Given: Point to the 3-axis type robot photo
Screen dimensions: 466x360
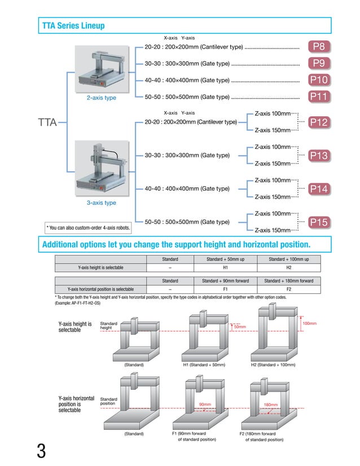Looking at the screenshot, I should click(x=102, y=168).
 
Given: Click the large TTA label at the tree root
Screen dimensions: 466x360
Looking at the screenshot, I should click(x=47, y=122).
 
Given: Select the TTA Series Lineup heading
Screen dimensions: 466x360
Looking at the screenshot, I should click(x=73, y=25).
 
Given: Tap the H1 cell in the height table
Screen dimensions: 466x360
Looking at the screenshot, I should click(x=225, y=267).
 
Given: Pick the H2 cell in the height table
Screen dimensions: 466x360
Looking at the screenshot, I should click(x=288, y=267).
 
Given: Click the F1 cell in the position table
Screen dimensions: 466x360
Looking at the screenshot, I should click(x=225, y=289).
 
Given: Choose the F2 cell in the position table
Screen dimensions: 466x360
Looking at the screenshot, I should click(x=288, y=289).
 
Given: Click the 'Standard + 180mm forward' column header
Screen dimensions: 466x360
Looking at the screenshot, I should click(x=288, y=280).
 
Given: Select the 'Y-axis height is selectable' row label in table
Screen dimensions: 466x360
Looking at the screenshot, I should click(x=100, y=267).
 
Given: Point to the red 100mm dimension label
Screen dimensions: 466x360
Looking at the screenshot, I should click(x=309, y=324).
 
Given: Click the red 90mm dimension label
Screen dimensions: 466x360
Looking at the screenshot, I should click(x=205, y=405).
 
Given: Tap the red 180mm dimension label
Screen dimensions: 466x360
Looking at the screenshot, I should click(x=270, y=405).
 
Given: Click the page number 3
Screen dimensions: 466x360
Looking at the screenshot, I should click(x=41, y=451).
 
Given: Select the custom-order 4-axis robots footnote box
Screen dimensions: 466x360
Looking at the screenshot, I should click(x=88, y=228).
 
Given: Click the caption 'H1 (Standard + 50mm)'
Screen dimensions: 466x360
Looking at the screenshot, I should click(x=204, y=365).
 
